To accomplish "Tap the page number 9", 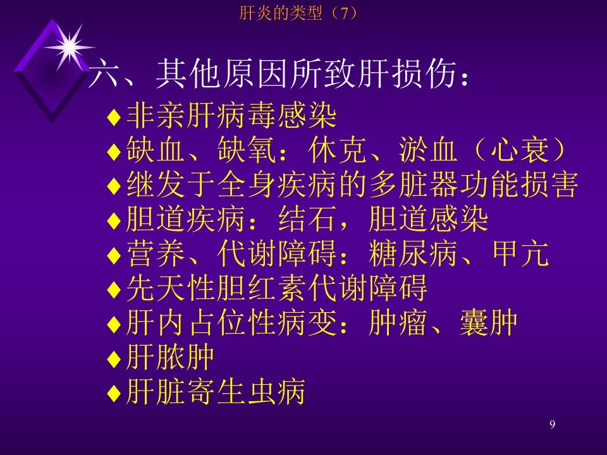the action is [x=552, y=425].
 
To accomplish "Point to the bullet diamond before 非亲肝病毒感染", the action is [x=114, y=117].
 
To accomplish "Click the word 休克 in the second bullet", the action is [x=338, y=150].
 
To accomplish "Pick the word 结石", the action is [x=307, y=219].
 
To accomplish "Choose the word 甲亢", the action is [x=520, y=253].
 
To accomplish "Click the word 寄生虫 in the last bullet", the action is [x=231, y=392].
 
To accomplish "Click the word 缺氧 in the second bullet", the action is [x=247, y=150].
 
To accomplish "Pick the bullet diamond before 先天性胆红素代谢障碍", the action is [x=114, y=289].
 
